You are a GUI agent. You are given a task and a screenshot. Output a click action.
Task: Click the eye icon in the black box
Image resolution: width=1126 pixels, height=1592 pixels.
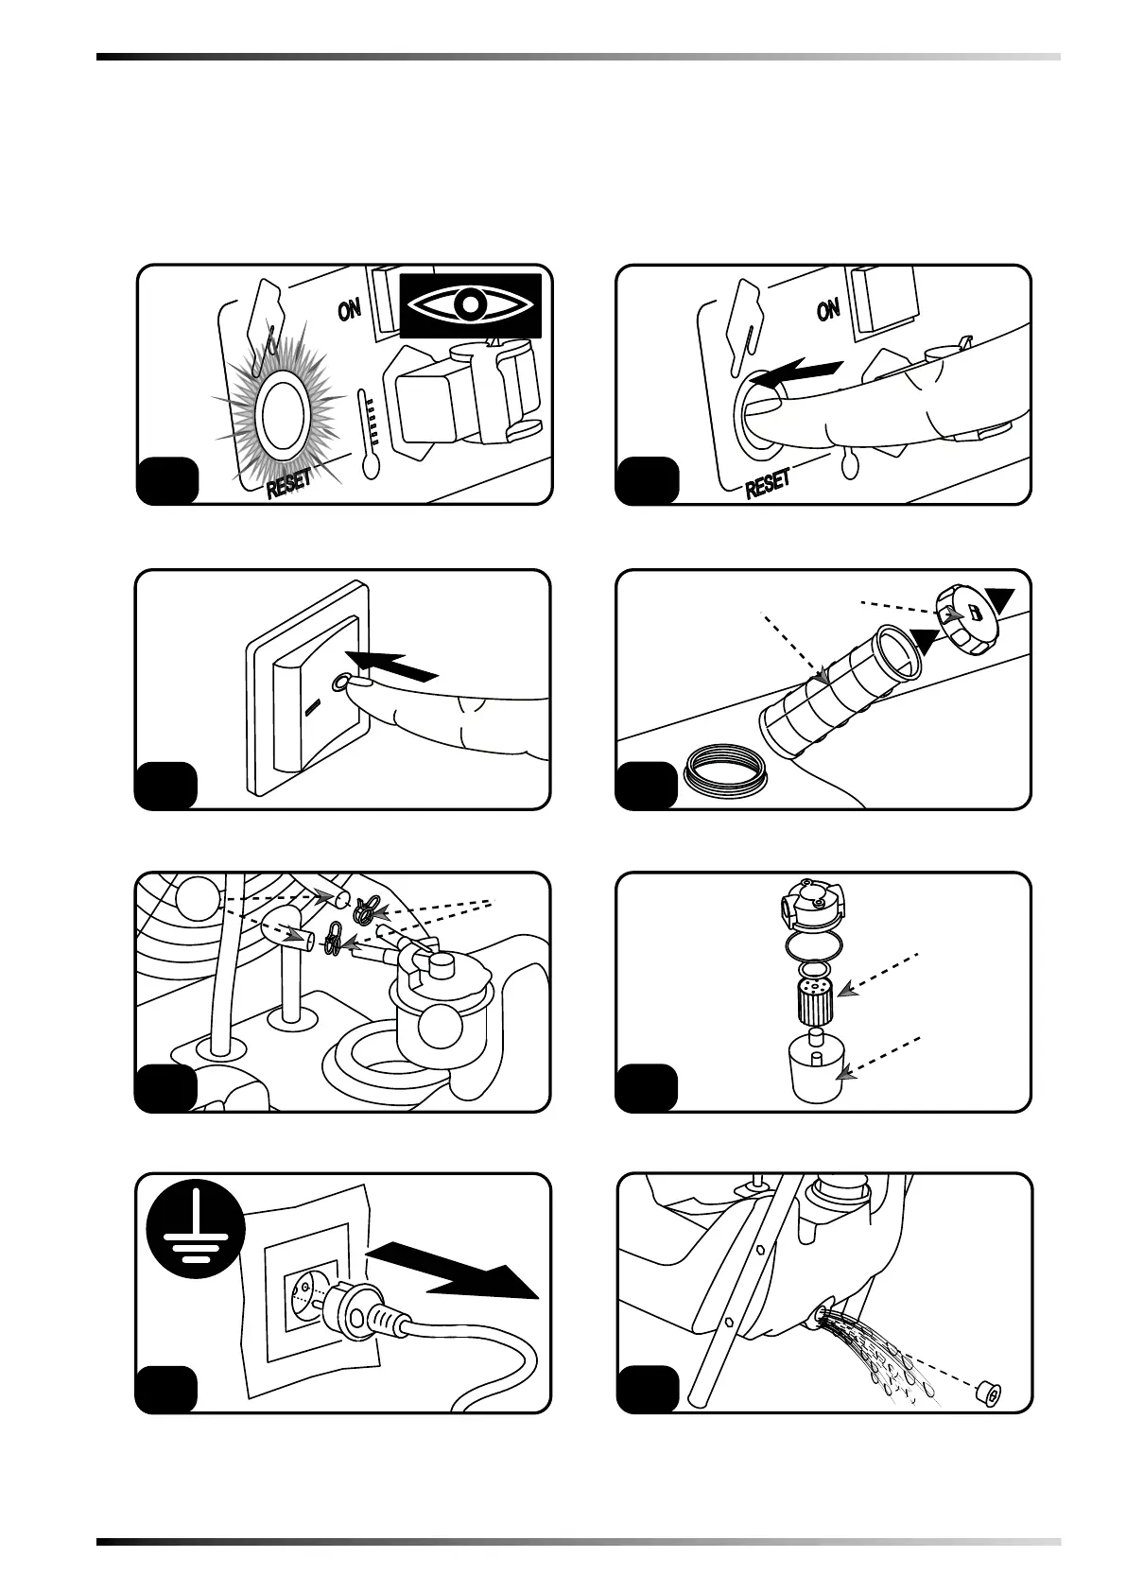(470, 305)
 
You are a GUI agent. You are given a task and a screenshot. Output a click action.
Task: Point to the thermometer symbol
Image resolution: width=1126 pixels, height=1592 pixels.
(367, 433)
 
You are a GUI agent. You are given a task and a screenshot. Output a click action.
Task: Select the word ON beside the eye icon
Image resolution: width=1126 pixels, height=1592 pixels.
(350, 309)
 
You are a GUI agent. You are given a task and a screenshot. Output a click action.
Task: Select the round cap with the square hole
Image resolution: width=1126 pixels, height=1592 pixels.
(963, 619)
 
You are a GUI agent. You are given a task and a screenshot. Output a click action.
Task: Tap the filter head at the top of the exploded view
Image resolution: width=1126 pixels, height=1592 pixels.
(810, 907)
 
